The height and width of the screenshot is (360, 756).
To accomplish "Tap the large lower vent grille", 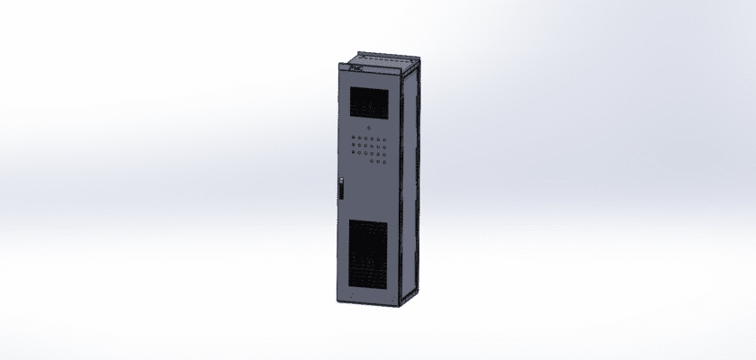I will click(x=370, y=256).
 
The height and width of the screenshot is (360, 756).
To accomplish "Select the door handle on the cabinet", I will click(x=342, y=191).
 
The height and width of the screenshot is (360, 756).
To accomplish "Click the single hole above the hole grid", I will click(x=368, y=128).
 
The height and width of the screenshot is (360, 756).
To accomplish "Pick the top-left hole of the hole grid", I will click(x=354, y=137).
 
